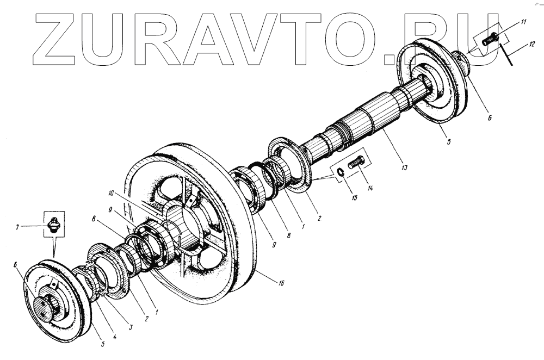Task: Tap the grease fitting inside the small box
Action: point(54,225)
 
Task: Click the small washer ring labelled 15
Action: point(338,172)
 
